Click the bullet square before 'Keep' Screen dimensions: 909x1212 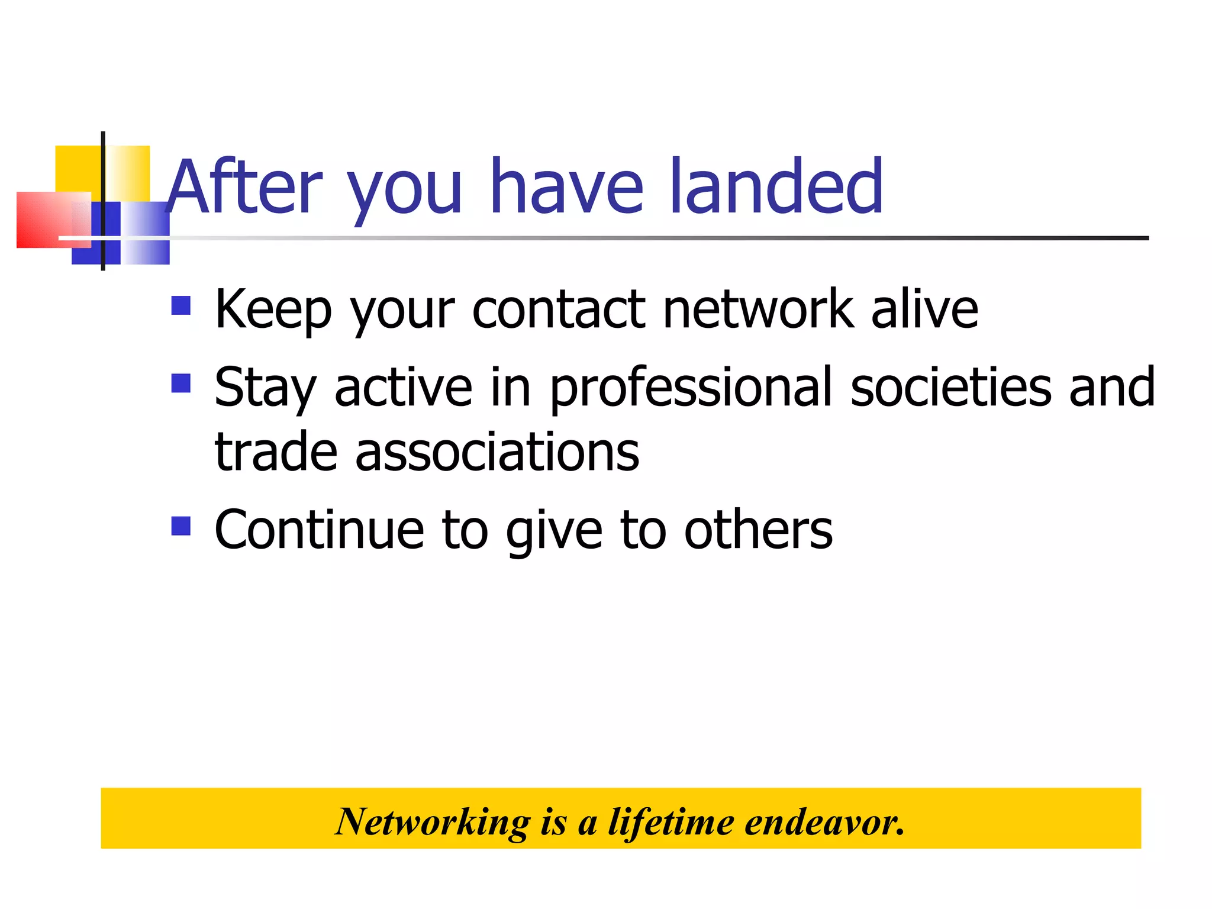pos(181,305)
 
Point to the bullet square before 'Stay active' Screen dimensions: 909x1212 pos(181,383)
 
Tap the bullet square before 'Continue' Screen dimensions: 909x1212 pos(181,526)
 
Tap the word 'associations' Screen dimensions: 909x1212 pos(497,452)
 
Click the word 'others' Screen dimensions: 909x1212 pos(758,530)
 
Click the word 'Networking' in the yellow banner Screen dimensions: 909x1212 pos(432,822)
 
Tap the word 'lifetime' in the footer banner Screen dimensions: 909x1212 pos(671,822)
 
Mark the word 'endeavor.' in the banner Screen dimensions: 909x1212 pos(824,822)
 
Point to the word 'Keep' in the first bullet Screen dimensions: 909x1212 pos(273,310)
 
